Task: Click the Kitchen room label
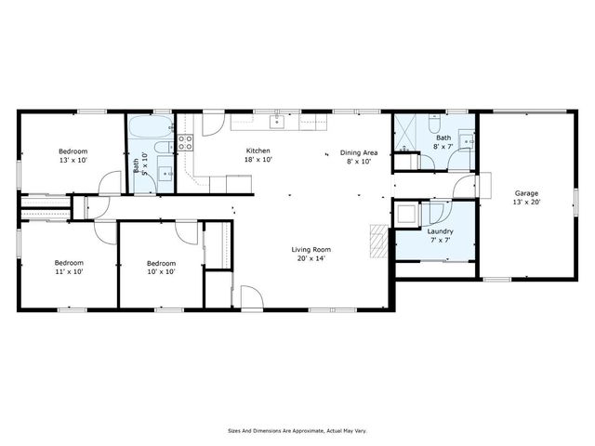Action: click(258, 155)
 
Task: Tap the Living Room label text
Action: click(311, 254)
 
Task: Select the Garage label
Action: click(526, 197)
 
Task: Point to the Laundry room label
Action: click(440, 235)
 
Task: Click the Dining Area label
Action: click(358, 156)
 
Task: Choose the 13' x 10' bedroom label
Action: click(73, 155)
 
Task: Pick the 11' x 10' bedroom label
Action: click(68, 268)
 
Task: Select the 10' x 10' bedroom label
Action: click(161, 268)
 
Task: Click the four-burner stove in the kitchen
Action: click(185, 142)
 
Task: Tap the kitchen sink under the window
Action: click(277, 121)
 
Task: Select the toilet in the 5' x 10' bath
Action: click(161, 149)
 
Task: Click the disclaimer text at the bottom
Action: click(297, 430)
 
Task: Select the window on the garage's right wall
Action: click(574, 200)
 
